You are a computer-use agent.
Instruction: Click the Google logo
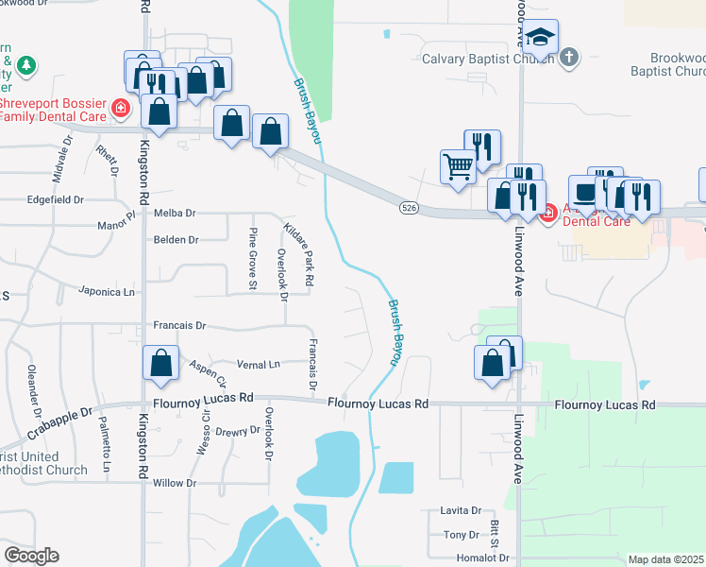point(31,555)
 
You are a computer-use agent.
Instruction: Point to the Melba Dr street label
point(175,214)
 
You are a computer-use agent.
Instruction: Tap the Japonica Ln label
point(107,291)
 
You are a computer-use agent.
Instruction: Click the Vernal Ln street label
point(261,364)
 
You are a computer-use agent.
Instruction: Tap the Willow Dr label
point(175,483)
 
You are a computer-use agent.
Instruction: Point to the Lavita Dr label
point(461,510)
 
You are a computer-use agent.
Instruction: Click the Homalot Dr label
point(482,558)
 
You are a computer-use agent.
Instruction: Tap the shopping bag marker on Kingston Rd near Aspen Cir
point(161,363)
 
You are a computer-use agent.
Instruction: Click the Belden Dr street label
point(176,240)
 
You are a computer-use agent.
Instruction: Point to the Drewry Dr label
point(237,431)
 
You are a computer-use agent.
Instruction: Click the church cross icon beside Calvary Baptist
point(568,59)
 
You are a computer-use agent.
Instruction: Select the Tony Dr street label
point(462,536)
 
